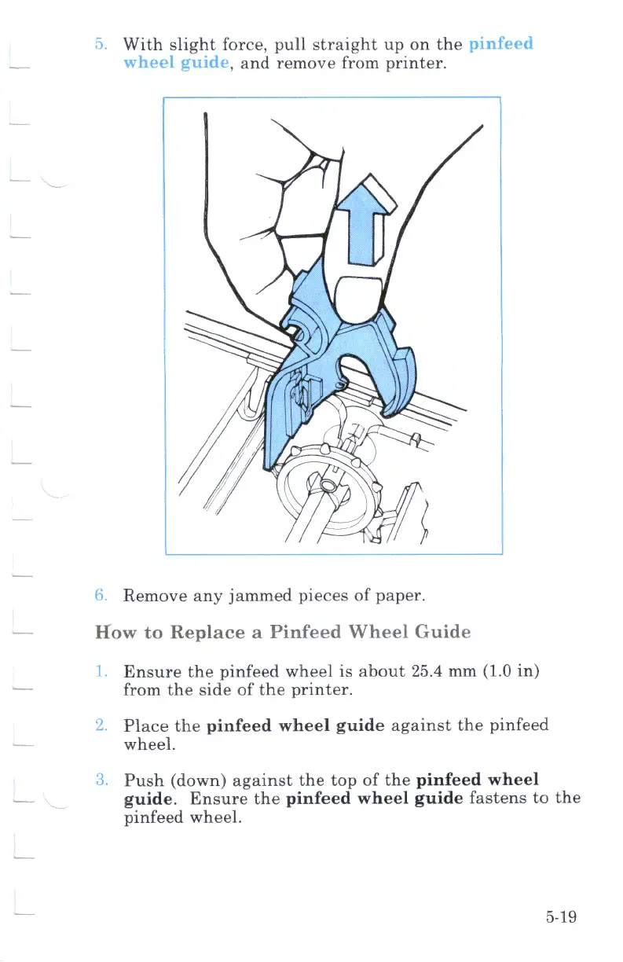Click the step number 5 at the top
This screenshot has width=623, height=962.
pos(99,44)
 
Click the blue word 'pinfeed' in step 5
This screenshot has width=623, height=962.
pos(500,44)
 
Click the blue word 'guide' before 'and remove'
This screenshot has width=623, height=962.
pos(201,63)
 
